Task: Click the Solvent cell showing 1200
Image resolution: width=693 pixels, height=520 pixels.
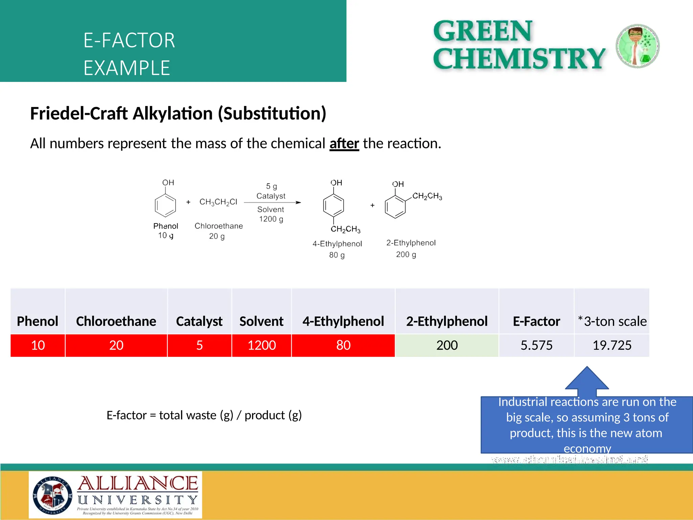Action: click(x=262, y=345)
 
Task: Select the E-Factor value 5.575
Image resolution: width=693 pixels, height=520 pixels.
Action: click(x=536, y=345)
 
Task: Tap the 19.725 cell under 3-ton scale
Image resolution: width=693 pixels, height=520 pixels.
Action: click(x=612, y=345)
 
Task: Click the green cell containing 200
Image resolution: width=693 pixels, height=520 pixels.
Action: click(x=447, y=345)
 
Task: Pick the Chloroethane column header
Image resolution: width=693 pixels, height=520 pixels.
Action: click(x=116, y=321)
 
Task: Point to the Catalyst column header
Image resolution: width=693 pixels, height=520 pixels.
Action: click(x=199, y=321)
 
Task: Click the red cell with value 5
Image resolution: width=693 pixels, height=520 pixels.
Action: click(x=199, y=345)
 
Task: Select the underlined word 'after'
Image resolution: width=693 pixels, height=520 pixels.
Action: click(x=344, y=144)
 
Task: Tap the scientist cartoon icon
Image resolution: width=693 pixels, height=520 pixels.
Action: click(x=638, y=46)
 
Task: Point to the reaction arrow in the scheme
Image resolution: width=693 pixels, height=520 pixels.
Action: click(x=272, y=202)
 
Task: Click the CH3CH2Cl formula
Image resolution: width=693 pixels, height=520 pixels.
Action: click(x=218, y=202)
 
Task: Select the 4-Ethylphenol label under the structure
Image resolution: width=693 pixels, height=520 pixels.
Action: click(x=337, y=244)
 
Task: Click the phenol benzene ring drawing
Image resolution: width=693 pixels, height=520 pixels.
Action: click(x=165, y=205)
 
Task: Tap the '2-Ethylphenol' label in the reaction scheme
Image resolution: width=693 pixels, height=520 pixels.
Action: click(x=411, y=243)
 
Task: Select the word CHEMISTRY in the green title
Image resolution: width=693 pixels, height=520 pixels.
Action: click(x=519, y=59)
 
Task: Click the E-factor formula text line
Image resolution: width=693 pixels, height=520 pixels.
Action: click(x=204, y=415)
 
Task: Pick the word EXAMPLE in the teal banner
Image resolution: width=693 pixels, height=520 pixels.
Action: click(x=127, y=68)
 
